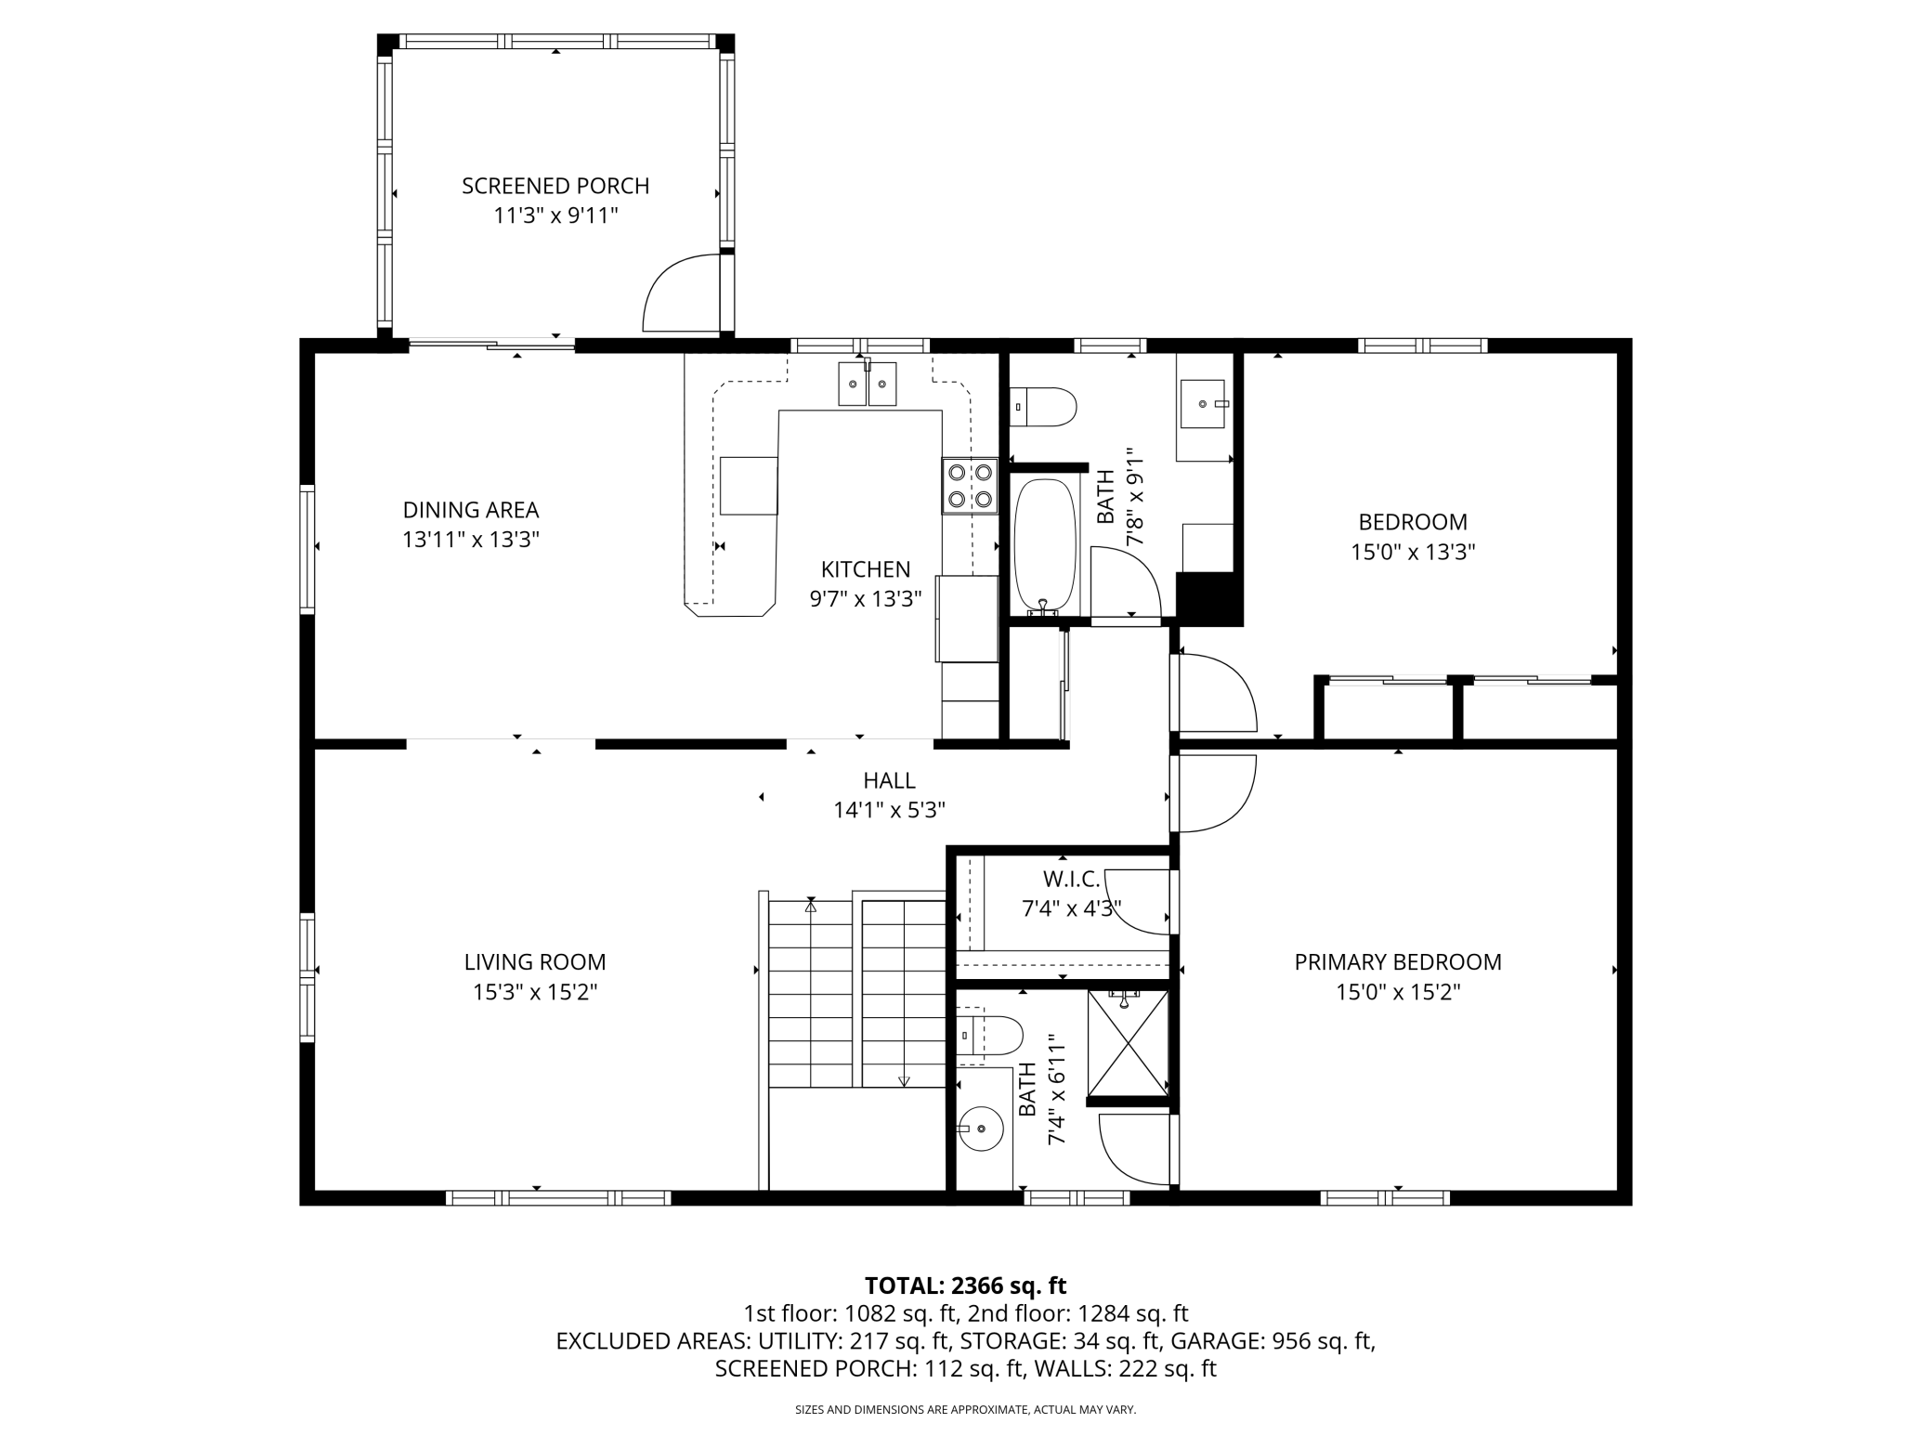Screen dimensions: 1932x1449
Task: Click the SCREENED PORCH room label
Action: point(555,186)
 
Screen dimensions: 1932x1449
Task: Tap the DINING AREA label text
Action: point(471,510)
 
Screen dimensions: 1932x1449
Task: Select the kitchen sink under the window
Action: point(868,384)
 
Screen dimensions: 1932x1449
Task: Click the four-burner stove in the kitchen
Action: point(969,486)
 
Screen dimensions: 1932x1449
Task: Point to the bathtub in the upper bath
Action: point(1045,546)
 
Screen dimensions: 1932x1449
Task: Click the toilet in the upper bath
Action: point(1043,407)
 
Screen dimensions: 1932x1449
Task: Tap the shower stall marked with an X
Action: point(1128,1043)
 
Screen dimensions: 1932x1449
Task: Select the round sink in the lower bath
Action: point(983,1129)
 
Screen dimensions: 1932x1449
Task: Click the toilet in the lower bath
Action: point(990,1036)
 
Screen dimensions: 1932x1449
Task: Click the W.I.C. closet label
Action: point(1071,879)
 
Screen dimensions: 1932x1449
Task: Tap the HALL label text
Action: point(889,780)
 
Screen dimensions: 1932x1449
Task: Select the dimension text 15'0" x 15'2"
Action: point(1398,992)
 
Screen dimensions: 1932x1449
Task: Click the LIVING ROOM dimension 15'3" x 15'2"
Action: point(535,992)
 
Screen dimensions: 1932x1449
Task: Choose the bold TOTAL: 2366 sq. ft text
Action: point(966,1286)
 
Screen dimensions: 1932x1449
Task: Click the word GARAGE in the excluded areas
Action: point(1211,1341)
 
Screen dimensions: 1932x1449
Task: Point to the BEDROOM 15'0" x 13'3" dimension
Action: point(1413,552)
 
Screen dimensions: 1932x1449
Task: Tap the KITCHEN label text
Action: point(866,569)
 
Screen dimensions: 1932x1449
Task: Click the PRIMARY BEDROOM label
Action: point(1398,962)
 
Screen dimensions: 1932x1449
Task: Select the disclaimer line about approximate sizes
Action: point(966,1410)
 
